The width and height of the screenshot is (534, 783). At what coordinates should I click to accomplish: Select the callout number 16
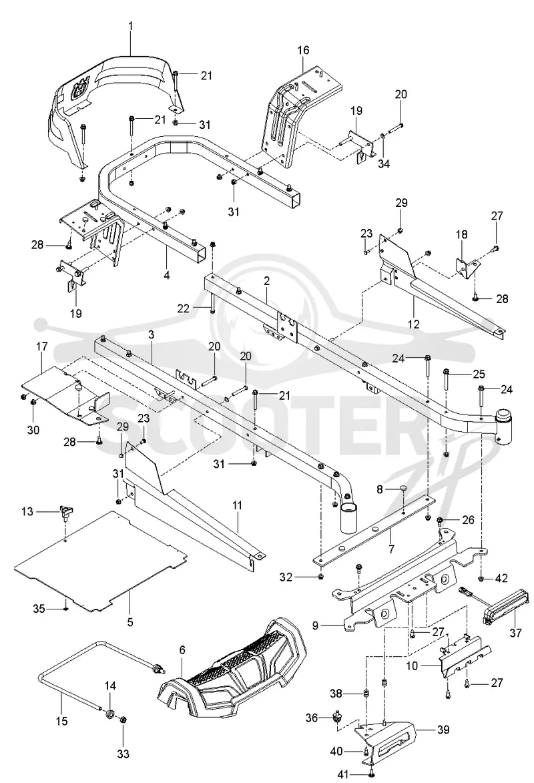[x=303, y=51]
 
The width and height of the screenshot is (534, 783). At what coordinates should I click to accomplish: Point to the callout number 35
[x=39, y=609]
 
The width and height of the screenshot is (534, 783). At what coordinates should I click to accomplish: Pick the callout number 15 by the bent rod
[x=62, y=721]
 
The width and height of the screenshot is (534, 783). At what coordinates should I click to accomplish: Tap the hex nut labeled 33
[x=124, y=720]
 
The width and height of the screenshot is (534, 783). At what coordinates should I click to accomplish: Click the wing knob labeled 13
[x=65, y=511]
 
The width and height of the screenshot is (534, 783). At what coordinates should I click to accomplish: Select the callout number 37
[x=515, y=633]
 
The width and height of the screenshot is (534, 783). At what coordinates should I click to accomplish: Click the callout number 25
[x=479, y=374]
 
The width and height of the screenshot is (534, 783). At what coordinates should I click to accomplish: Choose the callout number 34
[x=384, y=163]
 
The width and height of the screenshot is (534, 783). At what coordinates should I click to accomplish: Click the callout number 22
[x=184, y=308]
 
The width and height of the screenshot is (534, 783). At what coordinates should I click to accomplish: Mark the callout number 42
[x=501, y=578]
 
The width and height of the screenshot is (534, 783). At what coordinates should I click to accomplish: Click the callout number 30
[x=33, y=429]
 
